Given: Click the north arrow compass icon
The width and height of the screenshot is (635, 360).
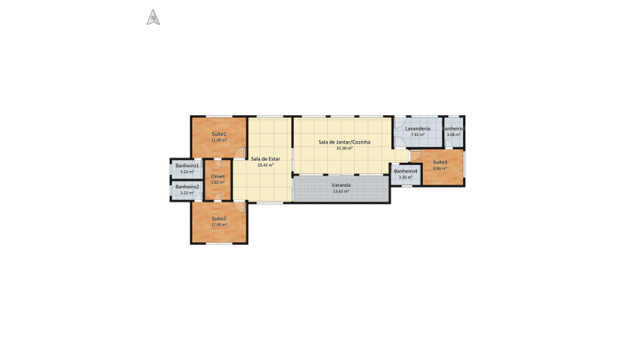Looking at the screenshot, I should [152, 17].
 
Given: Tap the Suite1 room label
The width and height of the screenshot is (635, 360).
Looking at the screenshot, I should [218, 134].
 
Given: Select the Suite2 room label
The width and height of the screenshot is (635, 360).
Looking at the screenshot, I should [218, 218].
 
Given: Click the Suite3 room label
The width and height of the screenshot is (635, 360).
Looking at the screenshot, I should [439, 162].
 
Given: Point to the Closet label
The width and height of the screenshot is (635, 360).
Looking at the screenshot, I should [218, 176].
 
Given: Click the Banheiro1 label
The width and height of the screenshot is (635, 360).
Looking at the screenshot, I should [187, 165].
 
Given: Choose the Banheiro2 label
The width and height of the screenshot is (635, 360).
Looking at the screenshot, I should [187, 186].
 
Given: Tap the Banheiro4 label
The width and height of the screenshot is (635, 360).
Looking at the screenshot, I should [406, 171].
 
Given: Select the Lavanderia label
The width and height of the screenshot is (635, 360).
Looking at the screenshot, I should [418, 128].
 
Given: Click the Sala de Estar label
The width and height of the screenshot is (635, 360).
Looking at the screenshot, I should [265, 158].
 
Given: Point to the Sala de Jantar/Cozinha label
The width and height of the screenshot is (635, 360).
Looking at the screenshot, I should [344, 142].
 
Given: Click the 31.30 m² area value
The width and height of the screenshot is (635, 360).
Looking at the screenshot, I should [344, 148].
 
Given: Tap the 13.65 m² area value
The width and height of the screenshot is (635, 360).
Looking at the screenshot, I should [341, 191].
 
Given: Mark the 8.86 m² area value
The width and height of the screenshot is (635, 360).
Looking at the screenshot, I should [439, 168].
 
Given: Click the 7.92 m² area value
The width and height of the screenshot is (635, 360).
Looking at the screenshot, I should [418, 134].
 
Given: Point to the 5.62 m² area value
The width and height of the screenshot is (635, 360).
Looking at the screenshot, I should [218, 182].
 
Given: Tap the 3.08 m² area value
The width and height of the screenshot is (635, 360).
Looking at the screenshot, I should [453, 134].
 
